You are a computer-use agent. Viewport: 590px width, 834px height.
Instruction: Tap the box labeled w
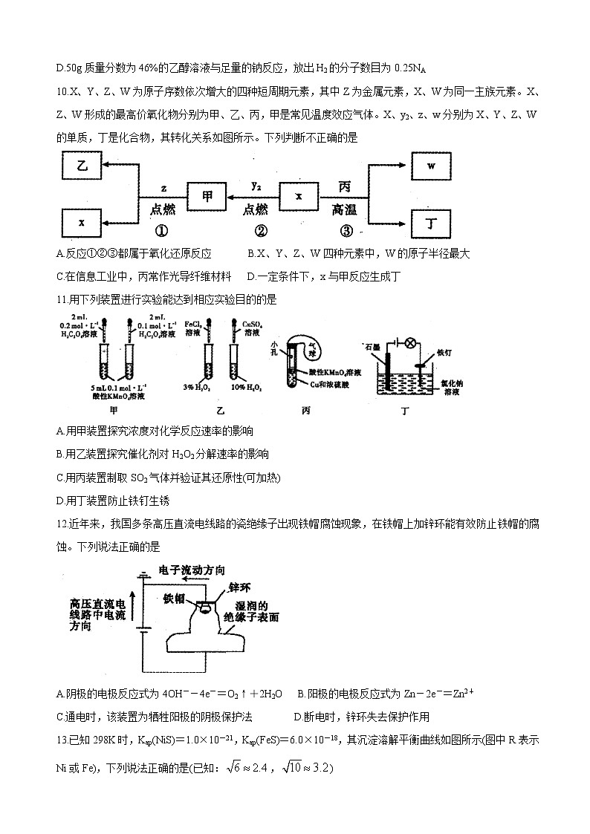click(x=432, y=167)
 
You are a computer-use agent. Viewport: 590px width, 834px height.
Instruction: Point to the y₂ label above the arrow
click(x=255, y=185)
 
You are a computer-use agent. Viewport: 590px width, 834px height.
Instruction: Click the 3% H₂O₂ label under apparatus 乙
click(x=197, y=387)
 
